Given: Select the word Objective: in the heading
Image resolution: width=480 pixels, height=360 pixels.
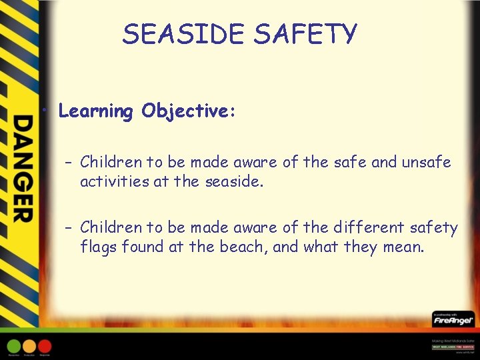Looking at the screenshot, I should tap(188, 111).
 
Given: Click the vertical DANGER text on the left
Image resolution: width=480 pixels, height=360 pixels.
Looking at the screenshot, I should tap(23, 168).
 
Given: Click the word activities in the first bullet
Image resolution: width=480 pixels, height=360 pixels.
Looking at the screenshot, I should tap(113, 181).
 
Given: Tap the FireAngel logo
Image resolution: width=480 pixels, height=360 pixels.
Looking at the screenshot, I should tap(453, 321).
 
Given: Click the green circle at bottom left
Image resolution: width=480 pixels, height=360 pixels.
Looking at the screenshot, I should tap(14, 346).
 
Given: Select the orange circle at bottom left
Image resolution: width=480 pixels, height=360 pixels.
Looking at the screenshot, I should tap(29, 346).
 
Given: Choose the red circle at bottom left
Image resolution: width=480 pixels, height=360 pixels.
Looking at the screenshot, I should tap(45, 346).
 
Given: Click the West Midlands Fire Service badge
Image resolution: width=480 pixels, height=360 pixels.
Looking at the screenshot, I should tap(453, 347).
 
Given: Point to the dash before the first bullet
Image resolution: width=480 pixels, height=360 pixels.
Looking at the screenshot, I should tap(69, 163).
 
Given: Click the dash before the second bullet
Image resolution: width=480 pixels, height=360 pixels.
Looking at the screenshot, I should tap(69, 229).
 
